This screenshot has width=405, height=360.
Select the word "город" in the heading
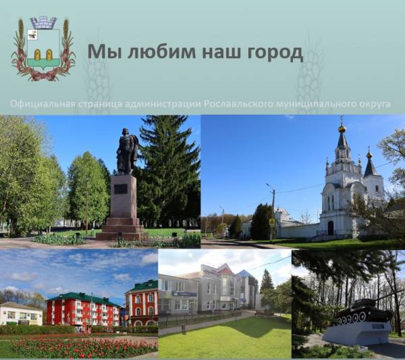click(x=272, y=52)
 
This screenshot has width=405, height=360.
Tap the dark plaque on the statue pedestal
click(x=122, y=189)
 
